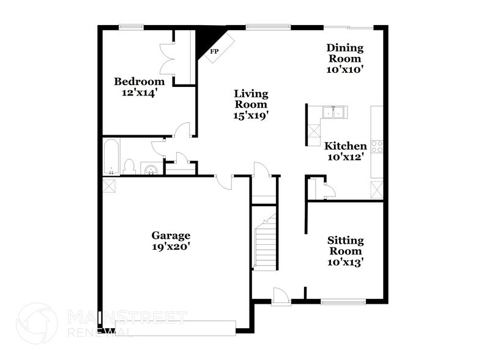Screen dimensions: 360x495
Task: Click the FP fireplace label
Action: (214, 51)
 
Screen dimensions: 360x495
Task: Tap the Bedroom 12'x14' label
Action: (140, 87)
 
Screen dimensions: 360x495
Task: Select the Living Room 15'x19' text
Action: (251, 103)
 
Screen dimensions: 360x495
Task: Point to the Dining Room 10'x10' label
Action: (345, 58)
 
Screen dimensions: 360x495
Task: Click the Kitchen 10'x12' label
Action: (345, 151)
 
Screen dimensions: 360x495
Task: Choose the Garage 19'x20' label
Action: (171, 241)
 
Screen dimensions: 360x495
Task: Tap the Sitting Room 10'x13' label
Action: (344, 251)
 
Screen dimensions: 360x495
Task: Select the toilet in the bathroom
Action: (129, 166)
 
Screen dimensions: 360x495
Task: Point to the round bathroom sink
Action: (151, 168)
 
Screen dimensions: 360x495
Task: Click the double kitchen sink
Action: (334, 113)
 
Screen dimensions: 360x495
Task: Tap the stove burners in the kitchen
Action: (377, 147)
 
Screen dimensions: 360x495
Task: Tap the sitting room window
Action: (343, 301)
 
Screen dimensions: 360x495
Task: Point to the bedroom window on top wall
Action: (131, 26)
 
